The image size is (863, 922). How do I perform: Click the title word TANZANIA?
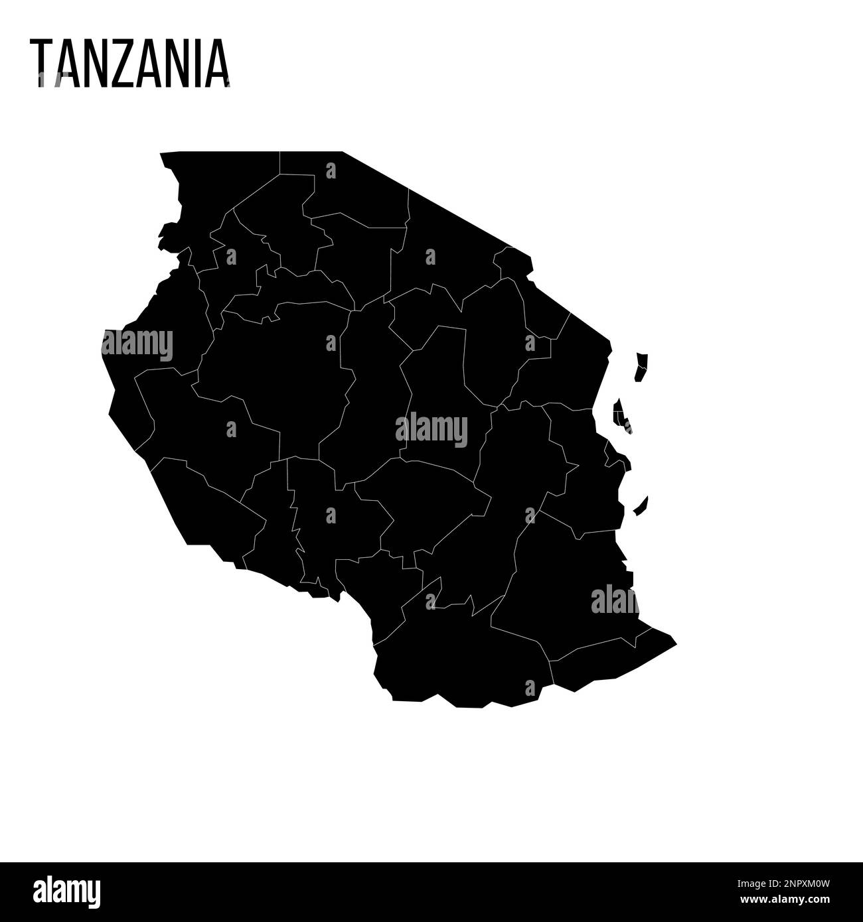129,64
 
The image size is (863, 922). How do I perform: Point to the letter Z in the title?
126,64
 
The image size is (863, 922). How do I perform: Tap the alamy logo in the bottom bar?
66,891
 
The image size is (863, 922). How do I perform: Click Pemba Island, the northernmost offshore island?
641,367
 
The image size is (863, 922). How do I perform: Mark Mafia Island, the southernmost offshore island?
641,507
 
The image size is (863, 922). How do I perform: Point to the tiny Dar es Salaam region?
614,458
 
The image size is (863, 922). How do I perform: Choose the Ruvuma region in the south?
465,657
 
